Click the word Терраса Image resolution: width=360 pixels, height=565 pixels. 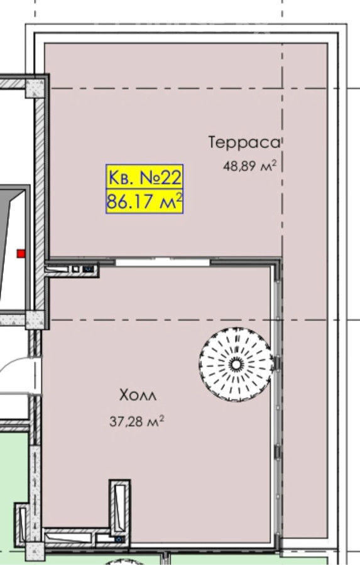click(244, 143)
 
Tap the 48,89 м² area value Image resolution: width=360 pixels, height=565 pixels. click(249, 166)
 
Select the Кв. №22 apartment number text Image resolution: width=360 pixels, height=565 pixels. click(145, 177)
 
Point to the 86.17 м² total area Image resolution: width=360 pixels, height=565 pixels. click(145, 201)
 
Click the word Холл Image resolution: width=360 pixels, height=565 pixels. click(138, 395)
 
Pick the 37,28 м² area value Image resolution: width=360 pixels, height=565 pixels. click(137, 421)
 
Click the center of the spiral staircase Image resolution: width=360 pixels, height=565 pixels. click(236, 364)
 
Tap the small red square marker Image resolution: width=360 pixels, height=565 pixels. click(21, 254)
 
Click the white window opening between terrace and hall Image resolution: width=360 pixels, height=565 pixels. click(163, 262)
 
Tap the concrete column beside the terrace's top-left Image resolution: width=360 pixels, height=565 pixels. click(35, 89)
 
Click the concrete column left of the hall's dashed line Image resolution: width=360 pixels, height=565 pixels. click(35, 320)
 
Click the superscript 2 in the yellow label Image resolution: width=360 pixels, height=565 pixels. click(179, 197)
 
